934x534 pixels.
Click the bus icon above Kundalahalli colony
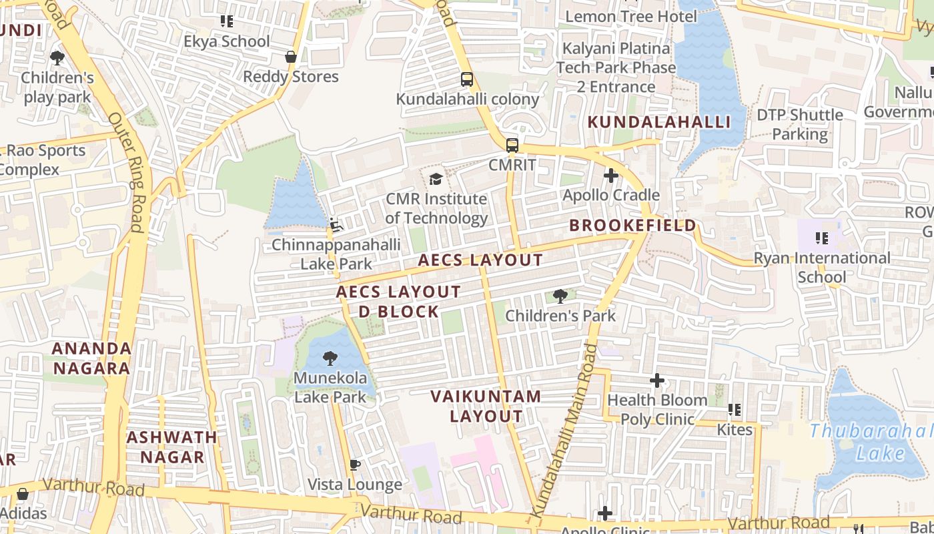(x=467, y=79)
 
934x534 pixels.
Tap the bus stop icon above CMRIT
(x=512, y=145)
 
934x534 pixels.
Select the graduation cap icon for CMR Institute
(x=436, y=179)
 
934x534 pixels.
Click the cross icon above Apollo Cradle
(x=610, y=176)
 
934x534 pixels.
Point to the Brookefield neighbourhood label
(x=632, y=226)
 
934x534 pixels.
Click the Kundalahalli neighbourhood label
(x=659, y=122)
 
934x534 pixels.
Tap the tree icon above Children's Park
(x=560, y=296)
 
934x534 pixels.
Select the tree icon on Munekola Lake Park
(x=330, y=358)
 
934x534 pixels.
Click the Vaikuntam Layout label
(x=486, y=406)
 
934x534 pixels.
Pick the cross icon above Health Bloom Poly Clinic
(x=657, y=380)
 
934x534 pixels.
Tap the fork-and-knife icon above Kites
(x=735, y=410)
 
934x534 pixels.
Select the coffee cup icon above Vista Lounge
(x=355, y=465)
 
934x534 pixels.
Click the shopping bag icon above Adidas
(x=22, y=494)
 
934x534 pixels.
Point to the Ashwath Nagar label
(x=172, y=447)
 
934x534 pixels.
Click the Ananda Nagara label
(x=92, y=358)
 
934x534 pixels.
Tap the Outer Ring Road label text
(x=127, y=172)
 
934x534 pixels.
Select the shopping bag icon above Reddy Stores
(x=291, y=57)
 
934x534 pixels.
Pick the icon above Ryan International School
(x=821, y=238)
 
